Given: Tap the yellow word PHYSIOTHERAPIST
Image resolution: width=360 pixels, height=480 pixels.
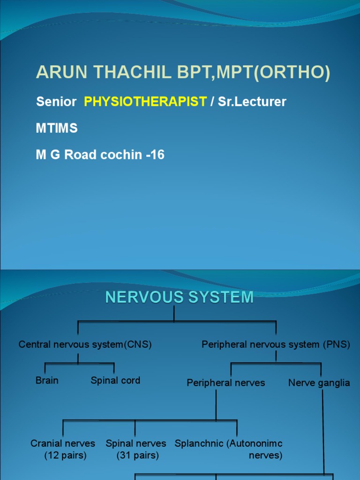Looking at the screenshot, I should tap(145, 102).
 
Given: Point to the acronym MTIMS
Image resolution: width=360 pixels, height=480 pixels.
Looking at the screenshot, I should tap(57, 128).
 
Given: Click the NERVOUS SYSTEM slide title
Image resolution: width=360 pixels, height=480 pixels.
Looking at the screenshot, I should tap(180, 297).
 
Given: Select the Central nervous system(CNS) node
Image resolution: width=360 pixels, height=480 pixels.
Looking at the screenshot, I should tap(85, 345).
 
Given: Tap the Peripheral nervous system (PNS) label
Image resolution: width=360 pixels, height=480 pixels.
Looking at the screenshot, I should tap(276, 345).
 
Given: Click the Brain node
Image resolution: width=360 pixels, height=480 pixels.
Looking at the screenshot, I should tap(47, 380).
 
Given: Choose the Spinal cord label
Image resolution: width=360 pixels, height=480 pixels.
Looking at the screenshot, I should tap(115, 380).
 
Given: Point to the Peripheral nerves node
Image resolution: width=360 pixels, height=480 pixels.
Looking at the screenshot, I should tap(225, 383).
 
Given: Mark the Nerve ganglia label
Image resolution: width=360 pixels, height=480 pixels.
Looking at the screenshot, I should tap(319, 383).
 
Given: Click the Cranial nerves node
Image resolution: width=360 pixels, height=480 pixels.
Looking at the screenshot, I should tap(63, 443).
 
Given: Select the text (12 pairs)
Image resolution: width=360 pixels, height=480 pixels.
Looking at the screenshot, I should tap(66, 455).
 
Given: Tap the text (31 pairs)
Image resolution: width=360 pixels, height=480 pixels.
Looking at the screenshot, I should tap(138, 455).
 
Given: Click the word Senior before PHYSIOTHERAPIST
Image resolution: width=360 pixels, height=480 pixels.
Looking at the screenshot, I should tap(56, 102).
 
